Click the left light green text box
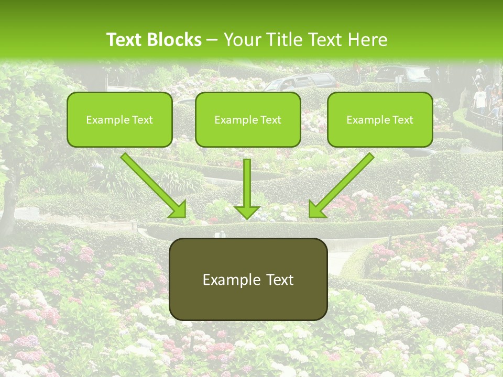click(119, 119)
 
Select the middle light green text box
click(248, 119)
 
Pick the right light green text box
click(380, 119)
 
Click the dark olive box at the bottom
click(248, 280)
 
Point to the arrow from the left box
click(152, 183)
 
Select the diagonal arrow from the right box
click(343, 183)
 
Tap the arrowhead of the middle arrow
click(247, 212)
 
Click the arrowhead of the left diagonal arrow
click(178, 209)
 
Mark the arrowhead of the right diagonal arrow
click(316, 209)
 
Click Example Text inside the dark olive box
click(248, 280)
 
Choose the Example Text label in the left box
click(119, 119)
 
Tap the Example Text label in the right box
click(380, 119)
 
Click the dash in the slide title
click(213, 40)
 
